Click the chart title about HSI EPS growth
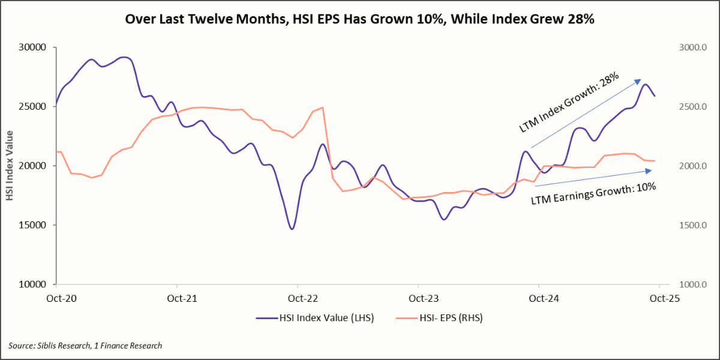tap(359, 19)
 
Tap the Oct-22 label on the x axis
tap(298, 298)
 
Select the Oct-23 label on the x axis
tap(418, 298)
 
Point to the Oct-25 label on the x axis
tap(659, 298)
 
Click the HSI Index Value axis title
tap(10, 166)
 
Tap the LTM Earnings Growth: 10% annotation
tap(593, 193)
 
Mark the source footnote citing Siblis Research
tap(85, 346)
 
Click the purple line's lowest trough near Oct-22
tap(292, 229)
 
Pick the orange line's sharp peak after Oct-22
tap(323, 107)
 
